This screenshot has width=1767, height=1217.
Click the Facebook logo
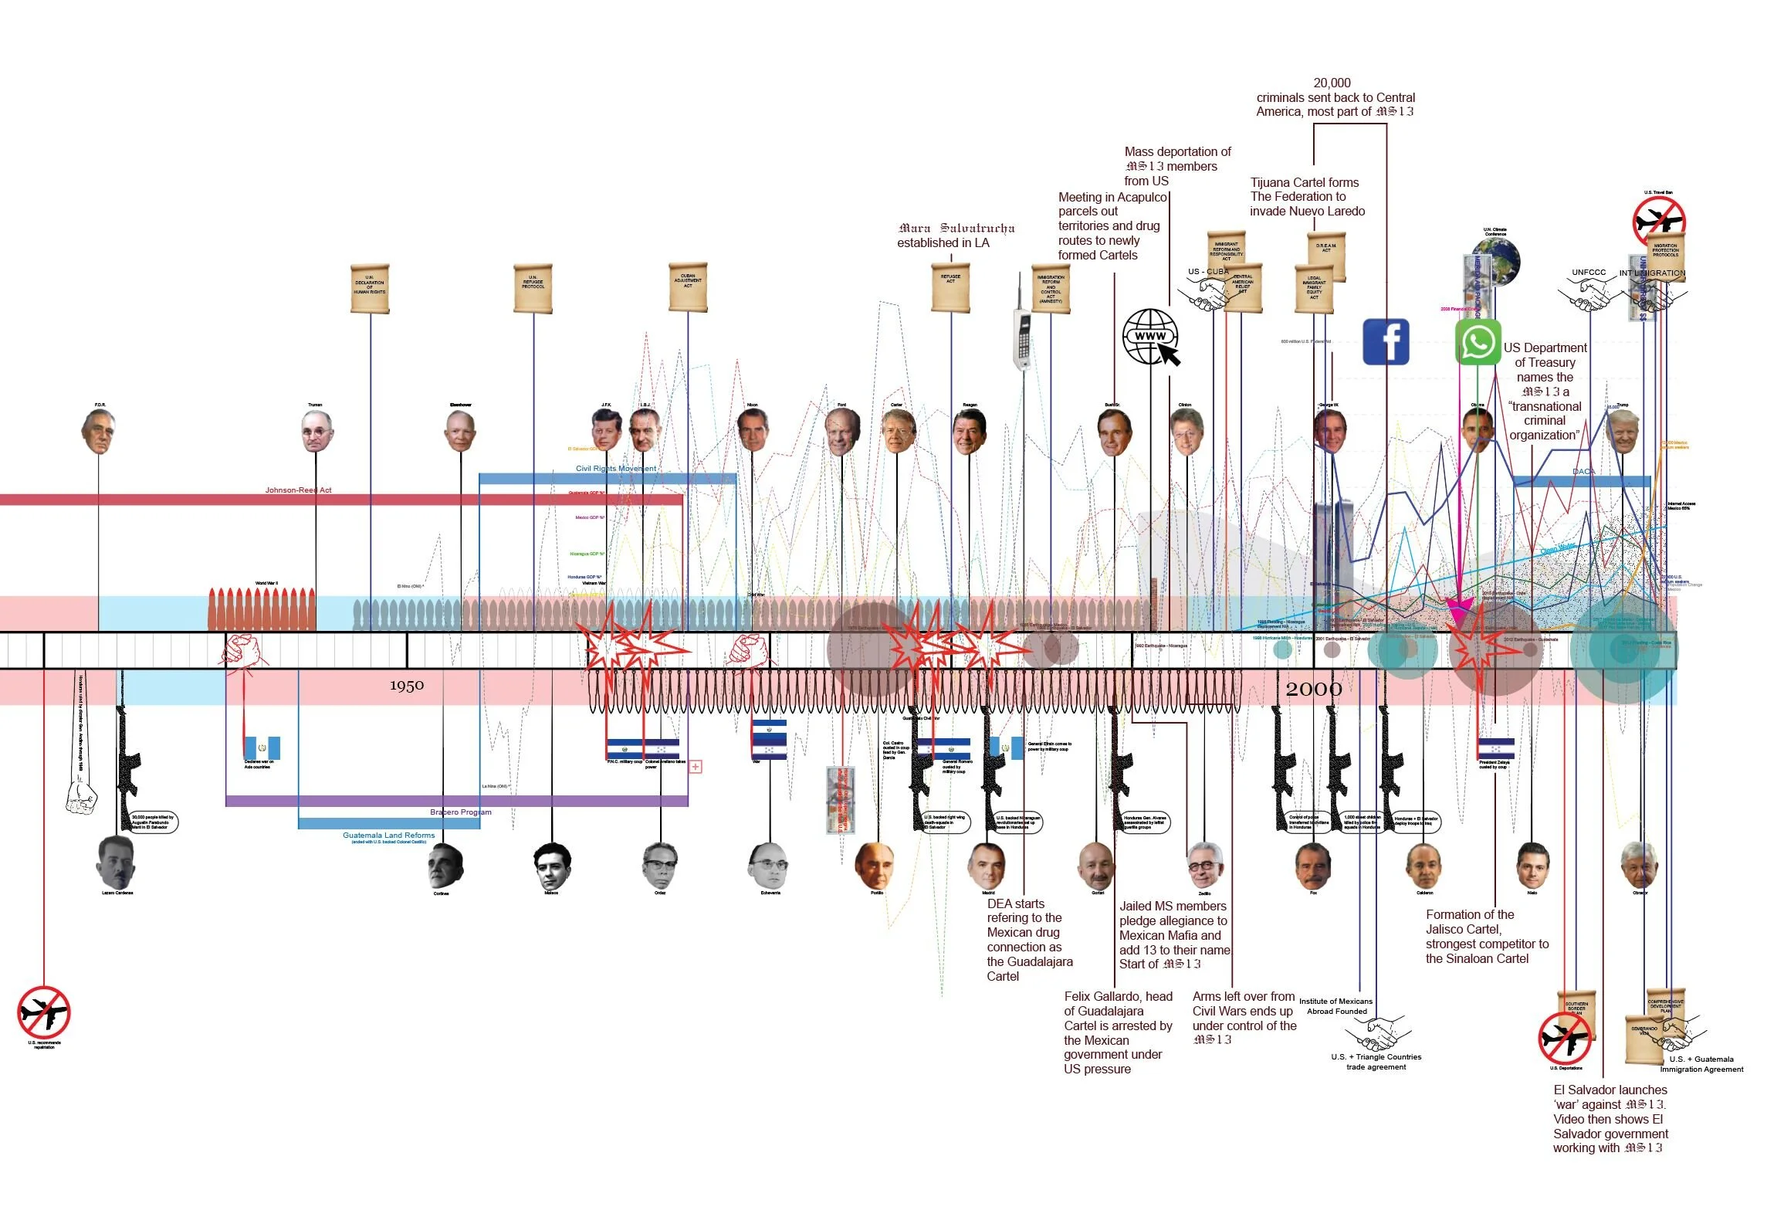[x=1386, y=341]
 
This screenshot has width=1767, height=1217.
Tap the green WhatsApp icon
[x=1478, y=341]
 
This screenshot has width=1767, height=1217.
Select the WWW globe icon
[x=1150, y=337]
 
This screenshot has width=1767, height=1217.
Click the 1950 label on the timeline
[x=407, y=686]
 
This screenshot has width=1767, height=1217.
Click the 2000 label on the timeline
[x=1313, y=689]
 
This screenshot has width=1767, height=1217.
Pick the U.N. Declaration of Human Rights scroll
[x=370, y=288]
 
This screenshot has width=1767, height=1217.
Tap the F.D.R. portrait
[x=99, y=432]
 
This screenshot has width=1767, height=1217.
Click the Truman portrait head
[x=316, y=432]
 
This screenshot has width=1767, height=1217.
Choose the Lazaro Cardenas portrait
[x=117, y=863]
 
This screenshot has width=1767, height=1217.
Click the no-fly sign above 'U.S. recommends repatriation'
[x=44, y=1012]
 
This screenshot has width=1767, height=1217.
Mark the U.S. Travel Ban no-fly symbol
[x=1659, y=222]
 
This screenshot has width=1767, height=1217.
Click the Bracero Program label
[x=460, y=812]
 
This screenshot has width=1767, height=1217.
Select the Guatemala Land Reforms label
[x=388, y=836]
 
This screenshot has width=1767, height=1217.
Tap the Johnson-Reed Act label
[x=298, y=490]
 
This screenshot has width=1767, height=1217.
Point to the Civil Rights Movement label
[x=615, y=469]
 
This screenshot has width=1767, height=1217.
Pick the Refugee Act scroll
[x=950, y=288]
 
